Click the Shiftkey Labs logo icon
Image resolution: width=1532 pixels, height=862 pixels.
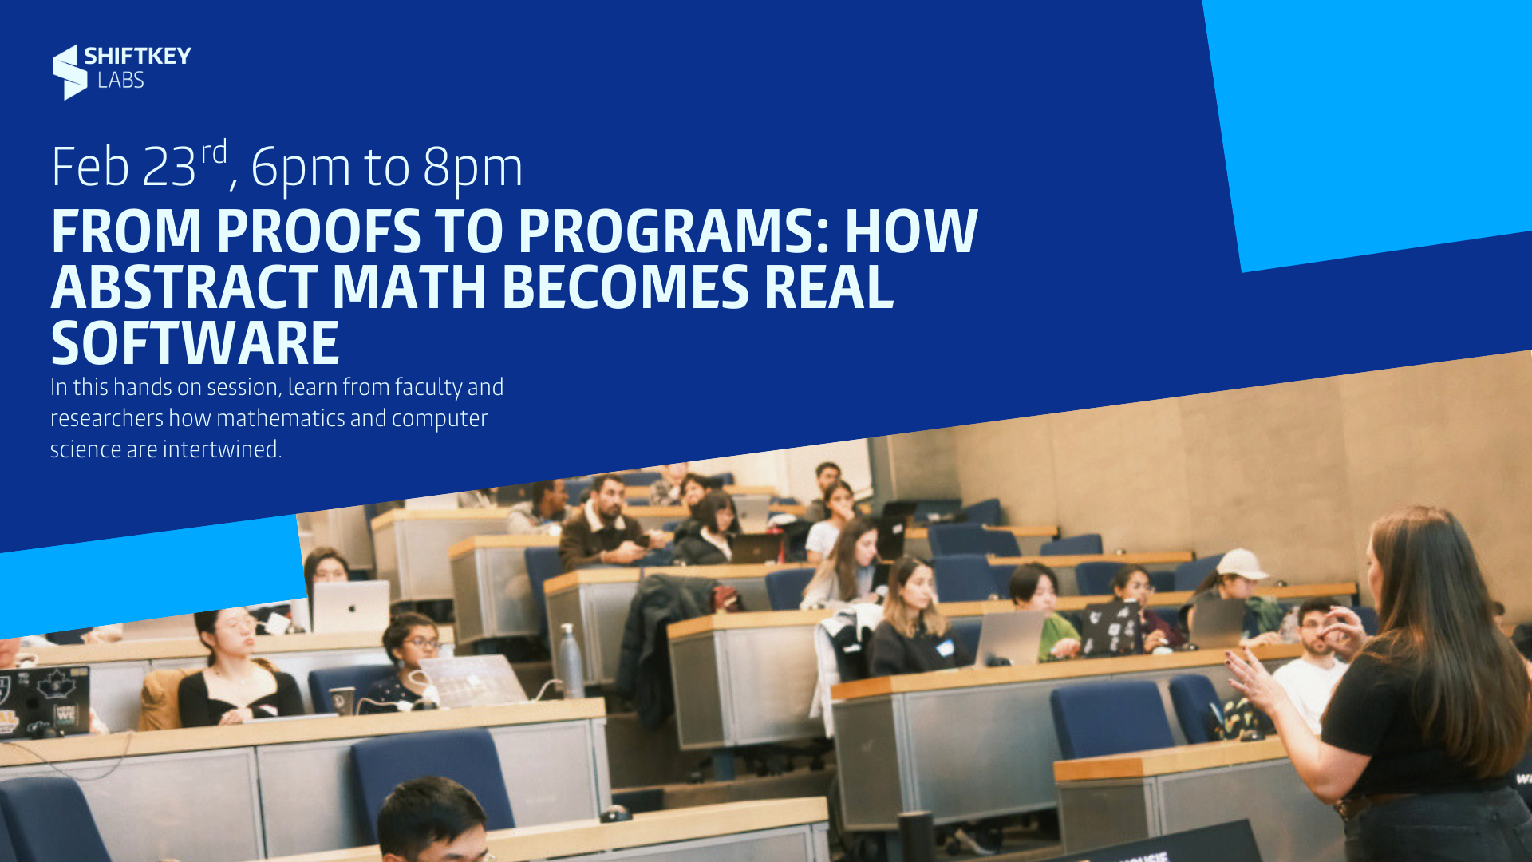69,72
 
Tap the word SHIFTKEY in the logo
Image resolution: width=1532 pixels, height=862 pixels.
137,56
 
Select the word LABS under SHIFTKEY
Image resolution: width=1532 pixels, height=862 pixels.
120,80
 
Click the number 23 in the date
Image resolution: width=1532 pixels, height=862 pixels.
169,168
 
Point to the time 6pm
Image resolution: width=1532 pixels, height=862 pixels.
301,169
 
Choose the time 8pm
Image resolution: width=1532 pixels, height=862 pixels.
472,169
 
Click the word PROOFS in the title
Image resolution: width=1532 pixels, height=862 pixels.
318,231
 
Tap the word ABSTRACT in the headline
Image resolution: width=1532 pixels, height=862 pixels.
184,287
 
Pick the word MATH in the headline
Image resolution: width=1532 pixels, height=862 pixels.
409,287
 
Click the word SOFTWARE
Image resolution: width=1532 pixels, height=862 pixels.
195,343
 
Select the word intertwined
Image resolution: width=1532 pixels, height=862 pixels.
222,449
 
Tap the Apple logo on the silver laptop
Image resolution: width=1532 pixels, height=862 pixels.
351,608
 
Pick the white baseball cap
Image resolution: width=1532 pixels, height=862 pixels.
1242,564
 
